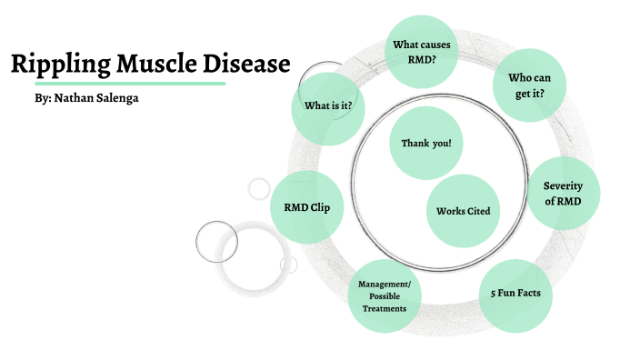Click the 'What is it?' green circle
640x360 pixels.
328,105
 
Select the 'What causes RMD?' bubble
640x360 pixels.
422,52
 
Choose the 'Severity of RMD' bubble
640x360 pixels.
563,193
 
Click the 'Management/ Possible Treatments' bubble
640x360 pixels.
385,296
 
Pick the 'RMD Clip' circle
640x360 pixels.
307,206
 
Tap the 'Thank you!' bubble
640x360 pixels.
425,144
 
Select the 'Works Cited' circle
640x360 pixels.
463,211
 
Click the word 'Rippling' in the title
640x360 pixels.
59,65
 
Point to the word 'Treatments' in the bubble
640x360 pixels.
385,309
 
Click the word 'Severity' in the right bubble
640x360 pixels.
563,185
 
